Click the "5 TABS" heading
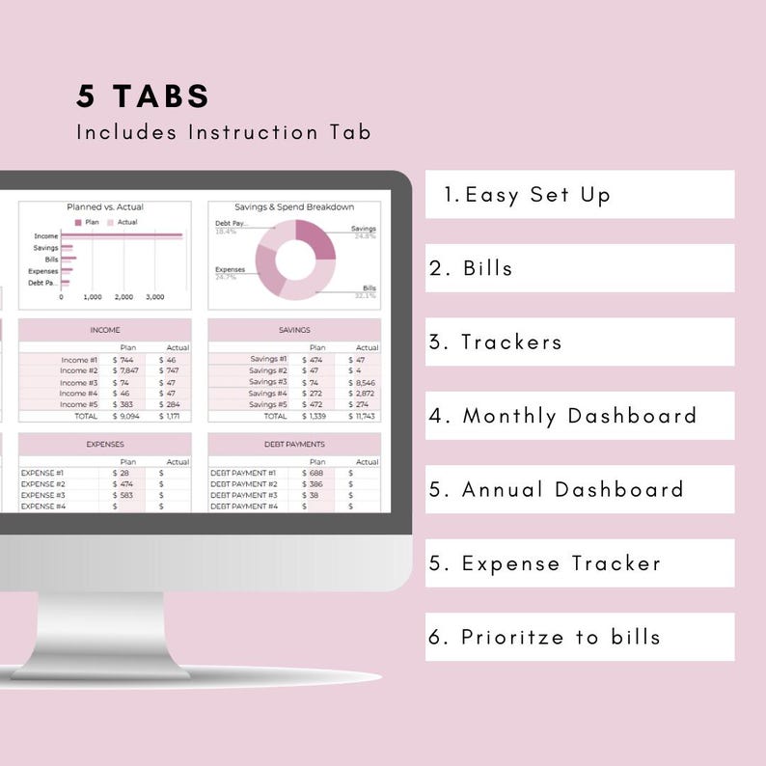(143, 96)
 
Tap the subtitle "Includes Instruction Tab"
(224, 132)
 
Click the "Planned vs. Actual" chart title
(105, 206)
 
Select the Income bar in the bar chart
(122, 235)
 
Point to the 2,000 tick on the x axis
(124, 297)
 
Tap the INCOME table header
(105, 330)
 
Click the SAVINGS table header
(294, 330)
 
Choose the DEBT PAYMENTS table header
(294, 445)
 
